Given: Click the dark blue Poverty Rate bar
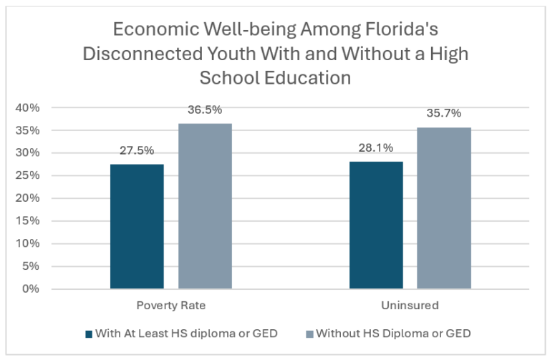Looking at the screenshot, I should tap(137, 226).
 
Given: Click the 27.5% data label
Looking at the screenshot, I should tap(137, 151).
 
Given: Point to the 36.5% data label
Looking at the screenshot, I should tap(205, 110).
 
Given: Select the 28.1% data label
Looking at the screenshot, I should tap(376, 148).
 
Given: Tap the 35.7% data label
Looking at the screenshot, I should tap(444, 113).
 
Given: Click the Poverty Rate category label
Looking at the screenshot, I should tap(170, 306).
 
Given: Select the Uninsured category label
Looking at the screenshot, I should tap(410, 306).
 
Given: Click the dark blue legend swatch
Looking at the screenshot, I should tap(90, 334).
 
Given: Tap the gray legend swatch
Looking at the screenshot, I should tap(309, 334).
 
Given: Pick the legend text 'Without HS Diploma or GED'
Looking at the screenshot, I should tap(392, 334).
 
